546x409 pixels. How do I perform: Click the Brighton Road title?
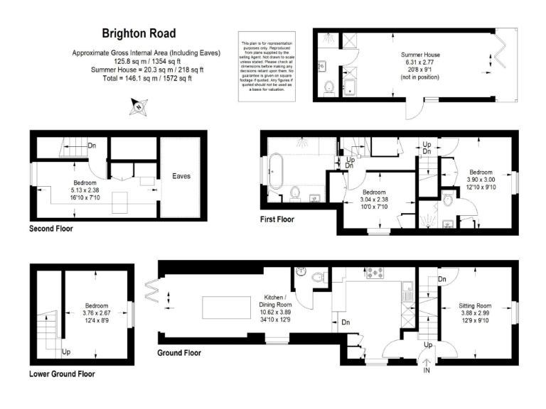coord(139,33)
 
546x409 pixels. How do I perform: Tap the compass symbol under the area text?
coord(136,107)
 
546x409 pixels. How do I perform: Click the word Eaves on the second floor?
coord(182,176)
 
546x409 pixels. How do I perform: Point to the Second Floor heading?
coord(50,229)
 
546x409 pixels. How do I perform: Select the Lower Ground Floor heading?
coord(62,373)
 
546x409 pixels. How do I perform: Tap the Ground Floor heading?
coord(179,352)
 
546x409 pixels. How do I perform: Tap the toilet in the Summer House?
coord(329,88)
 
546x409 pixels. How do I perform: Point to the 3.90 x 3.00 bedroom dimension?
coord(480,180)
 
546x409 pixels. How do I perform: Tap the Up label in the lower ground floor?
coord(66,351)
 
